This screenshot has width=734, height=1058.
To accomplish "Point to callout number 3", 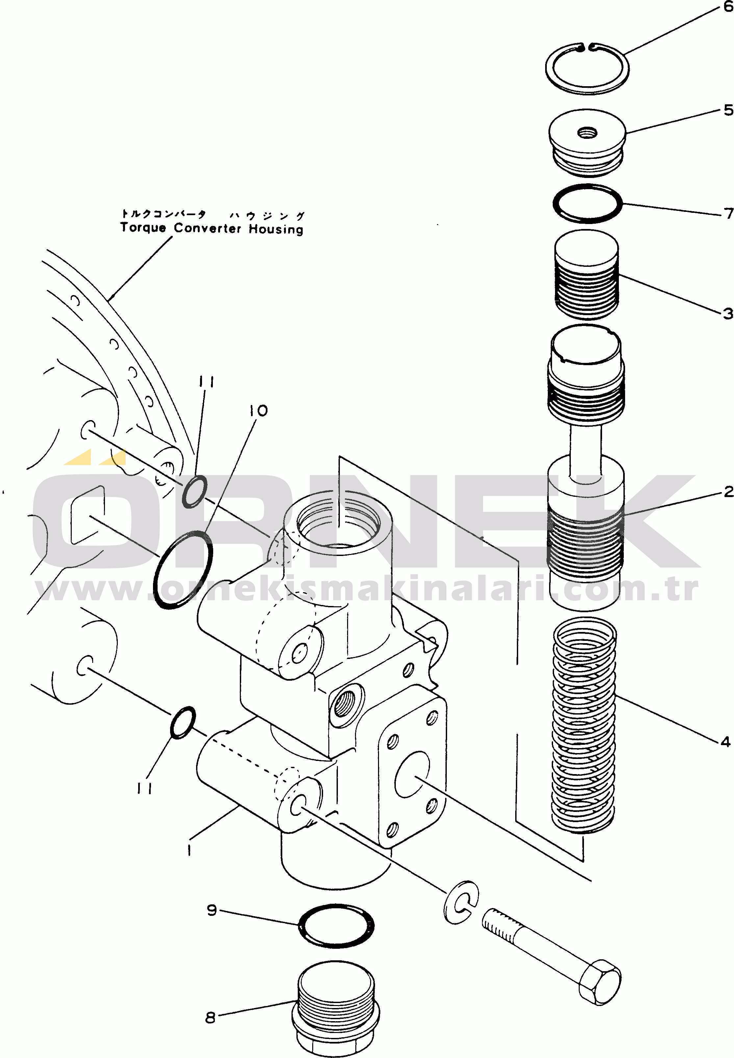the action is click(x=727, y=314).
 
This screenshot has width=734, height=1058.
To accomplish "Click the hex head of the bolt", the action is click(x=599, y=981).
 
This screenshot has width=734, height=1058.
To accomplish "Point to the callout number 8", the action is click(x=210, y=1018).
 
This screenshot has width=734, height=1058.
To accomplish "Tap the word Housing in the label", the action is click(x=276, y=229).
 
